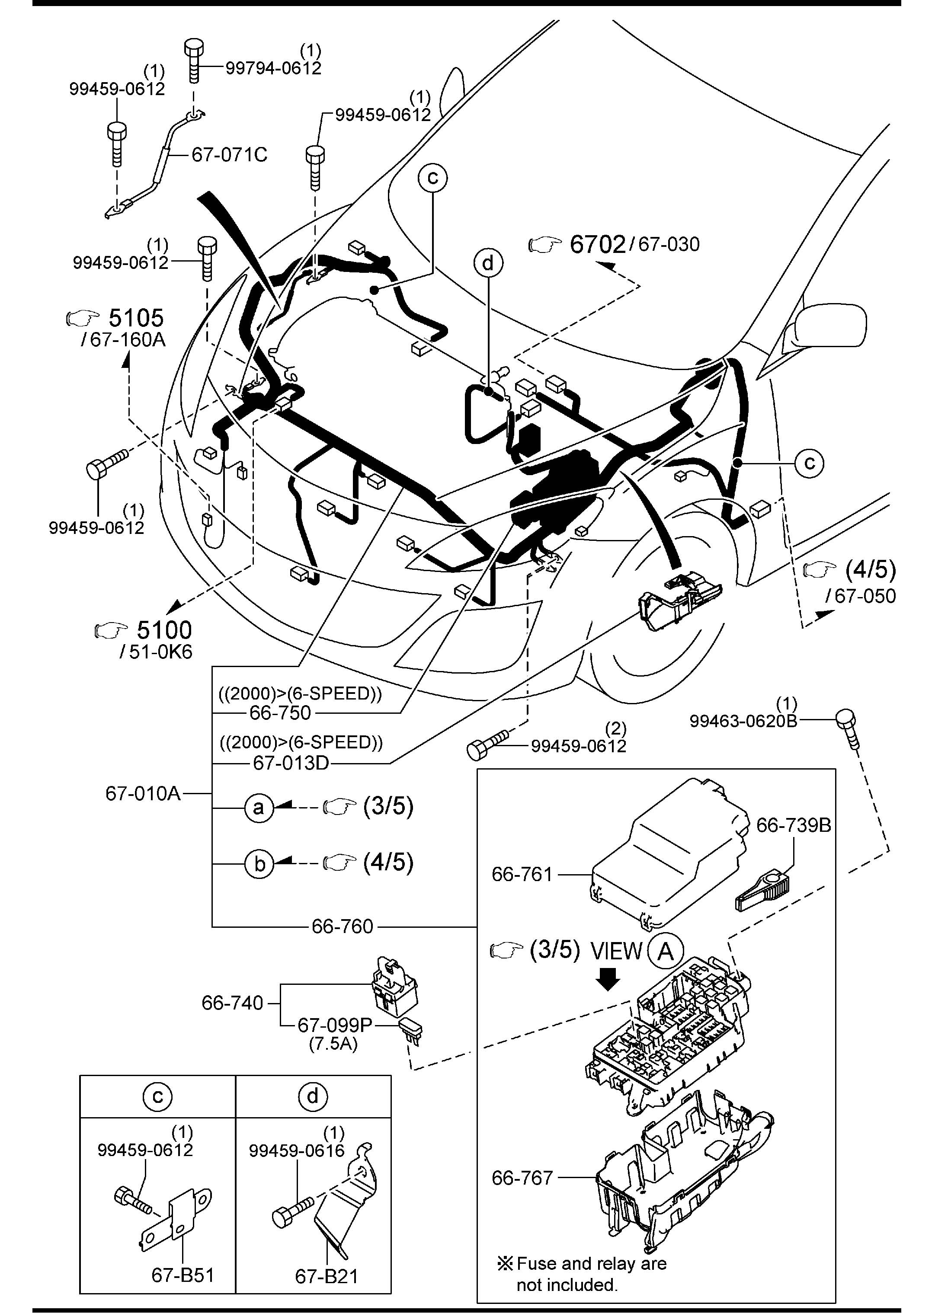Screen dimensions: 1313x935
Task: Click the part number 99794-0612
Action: [273, 68]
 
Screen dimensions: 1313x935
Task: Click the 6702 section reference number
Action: [597, 244]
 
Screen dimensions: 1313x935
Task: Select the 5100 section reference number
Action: [163, 630]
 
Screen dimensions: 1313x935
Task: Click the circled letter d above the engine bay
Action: [488, 263]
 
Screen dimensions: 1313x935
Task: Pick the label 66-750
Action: [280, 712]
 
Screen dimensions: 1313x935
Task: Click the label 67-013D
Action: [291, 763]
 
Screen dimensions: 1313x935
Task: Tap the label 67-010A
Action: [143, 794]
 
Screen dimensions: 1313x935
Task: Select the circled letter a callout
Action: [259, 808]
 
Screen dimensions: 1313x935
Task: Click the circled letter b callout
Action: [259, 863]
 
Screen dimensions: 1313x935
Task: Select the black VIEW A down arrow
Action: [608, 978]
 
